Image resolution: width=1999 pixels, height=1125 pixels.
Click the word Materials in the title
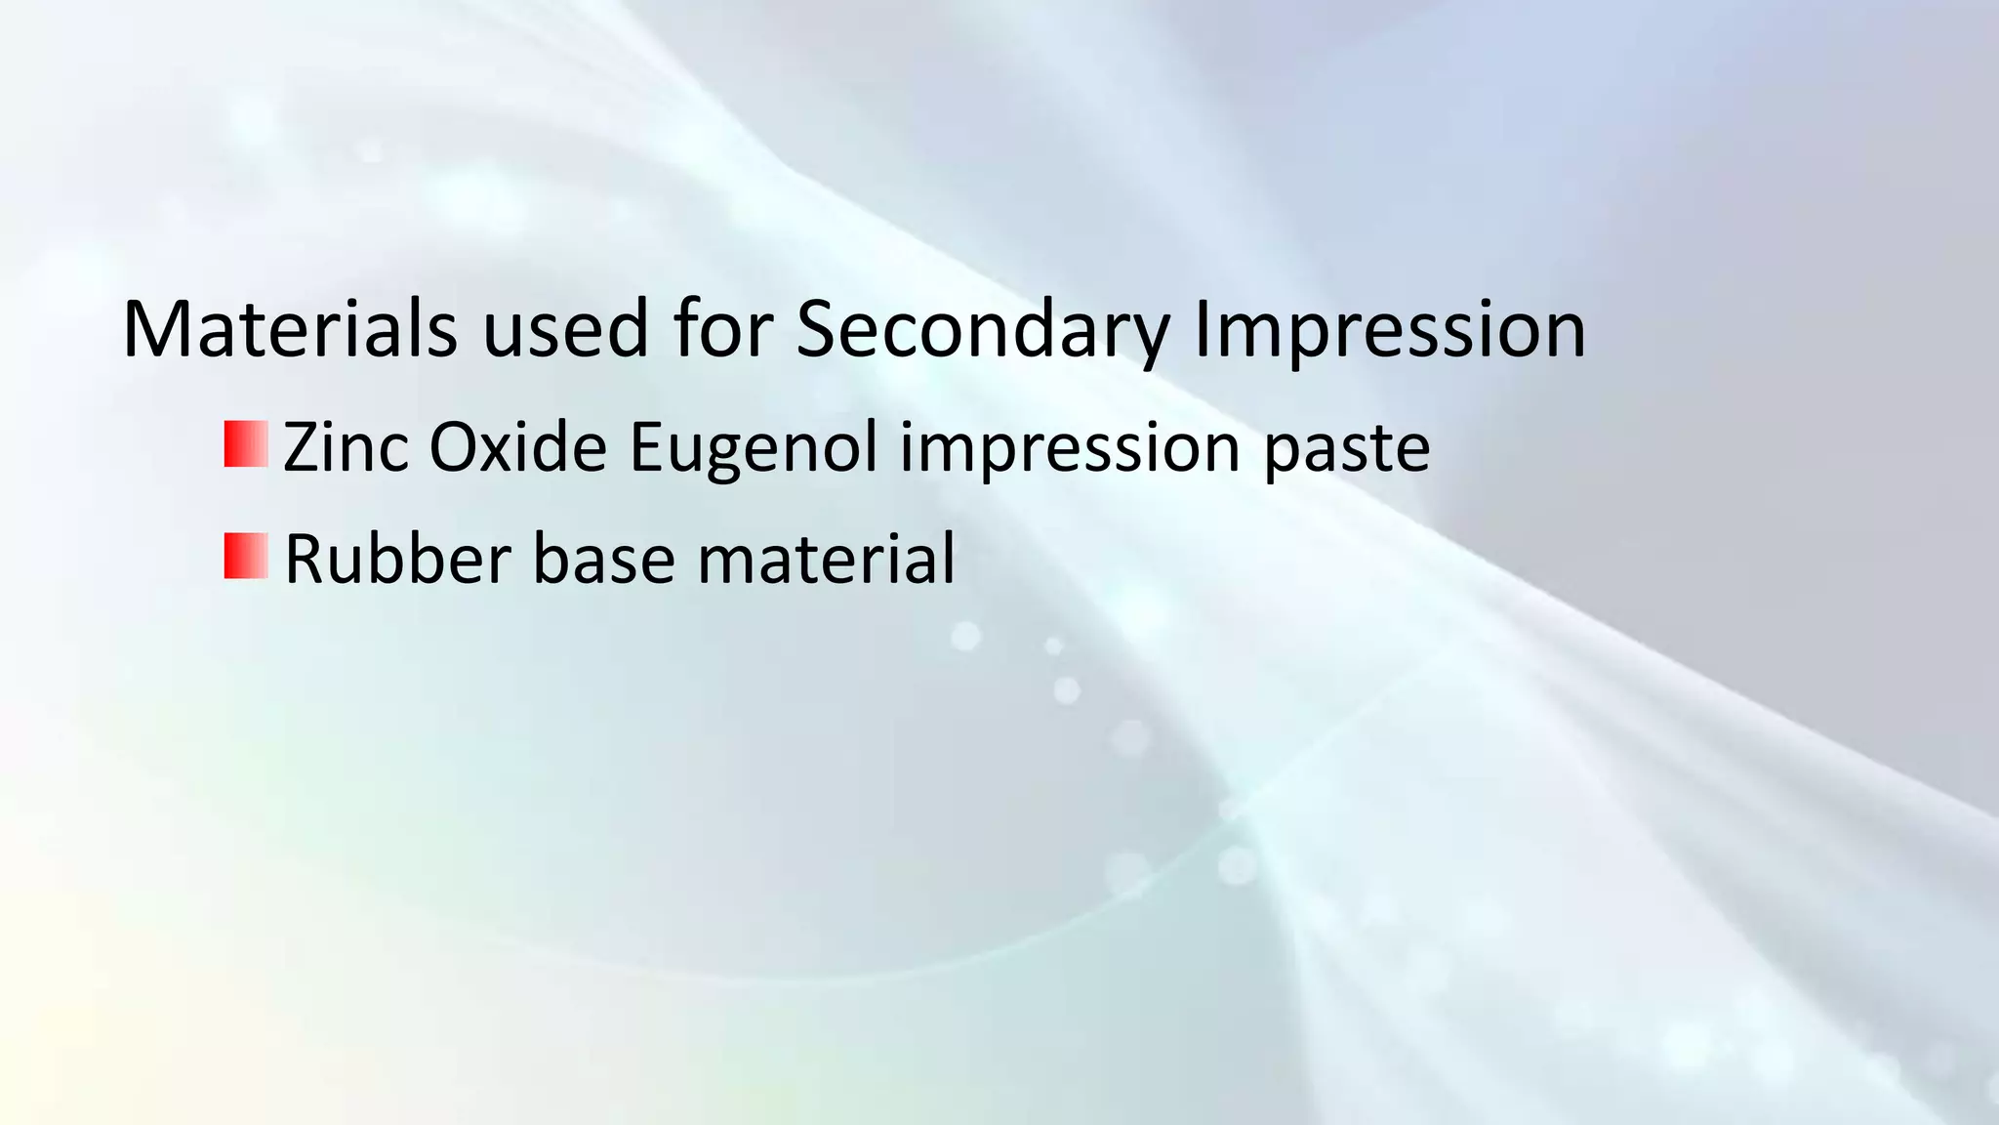(290, 329)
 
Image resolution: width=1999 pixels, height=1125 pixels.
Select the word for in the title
(722, 329)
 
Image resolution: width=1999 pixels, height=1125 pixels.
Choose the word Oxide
(518, 447)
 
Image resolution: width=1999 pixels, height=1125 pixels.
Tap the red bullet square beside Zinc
(246, 444)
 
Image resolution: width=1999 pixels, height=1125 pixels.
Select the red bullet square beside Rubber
(246, 556)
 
